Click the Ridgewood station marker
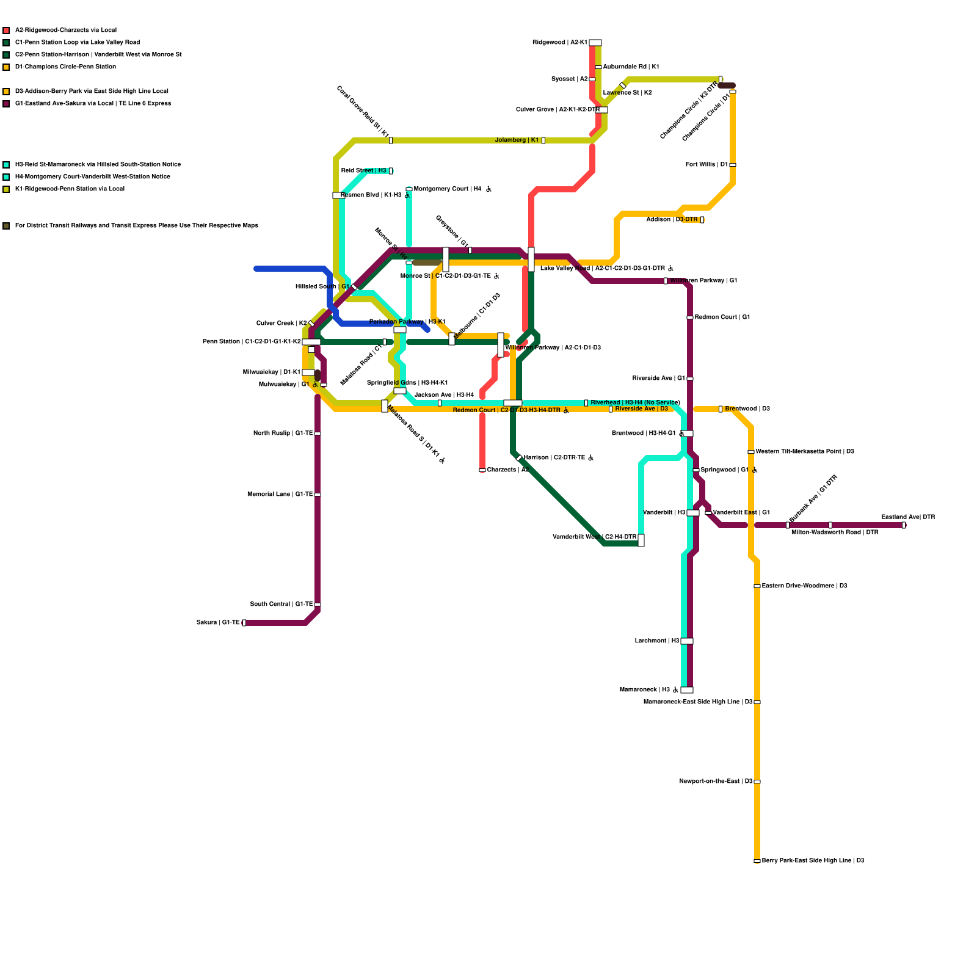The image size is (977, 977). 595,43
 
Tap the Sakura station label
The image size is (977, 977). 218,623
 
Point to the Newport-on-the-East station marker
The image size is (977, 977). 757,782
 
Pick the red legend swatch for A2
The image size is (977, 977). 6,31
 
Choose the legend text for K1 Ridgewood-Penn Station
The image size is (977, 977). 70,189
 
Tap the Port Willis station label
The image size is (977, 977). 706,165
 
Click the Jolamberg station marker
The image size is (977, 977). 543,140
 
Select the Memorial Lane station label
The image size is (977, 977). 280,495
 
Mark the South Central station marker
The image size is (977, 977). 318,605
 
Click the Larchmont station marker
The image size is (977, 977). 687,641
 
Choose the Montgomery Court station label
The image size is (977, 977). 448,189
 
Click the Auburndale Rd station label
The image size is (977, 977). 631,67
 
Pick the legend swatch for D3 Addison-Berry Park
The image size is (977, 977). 6,92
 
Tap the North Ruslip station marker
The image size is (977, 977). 318,434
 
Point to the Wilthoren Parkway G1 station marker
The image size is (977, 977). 666,281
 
